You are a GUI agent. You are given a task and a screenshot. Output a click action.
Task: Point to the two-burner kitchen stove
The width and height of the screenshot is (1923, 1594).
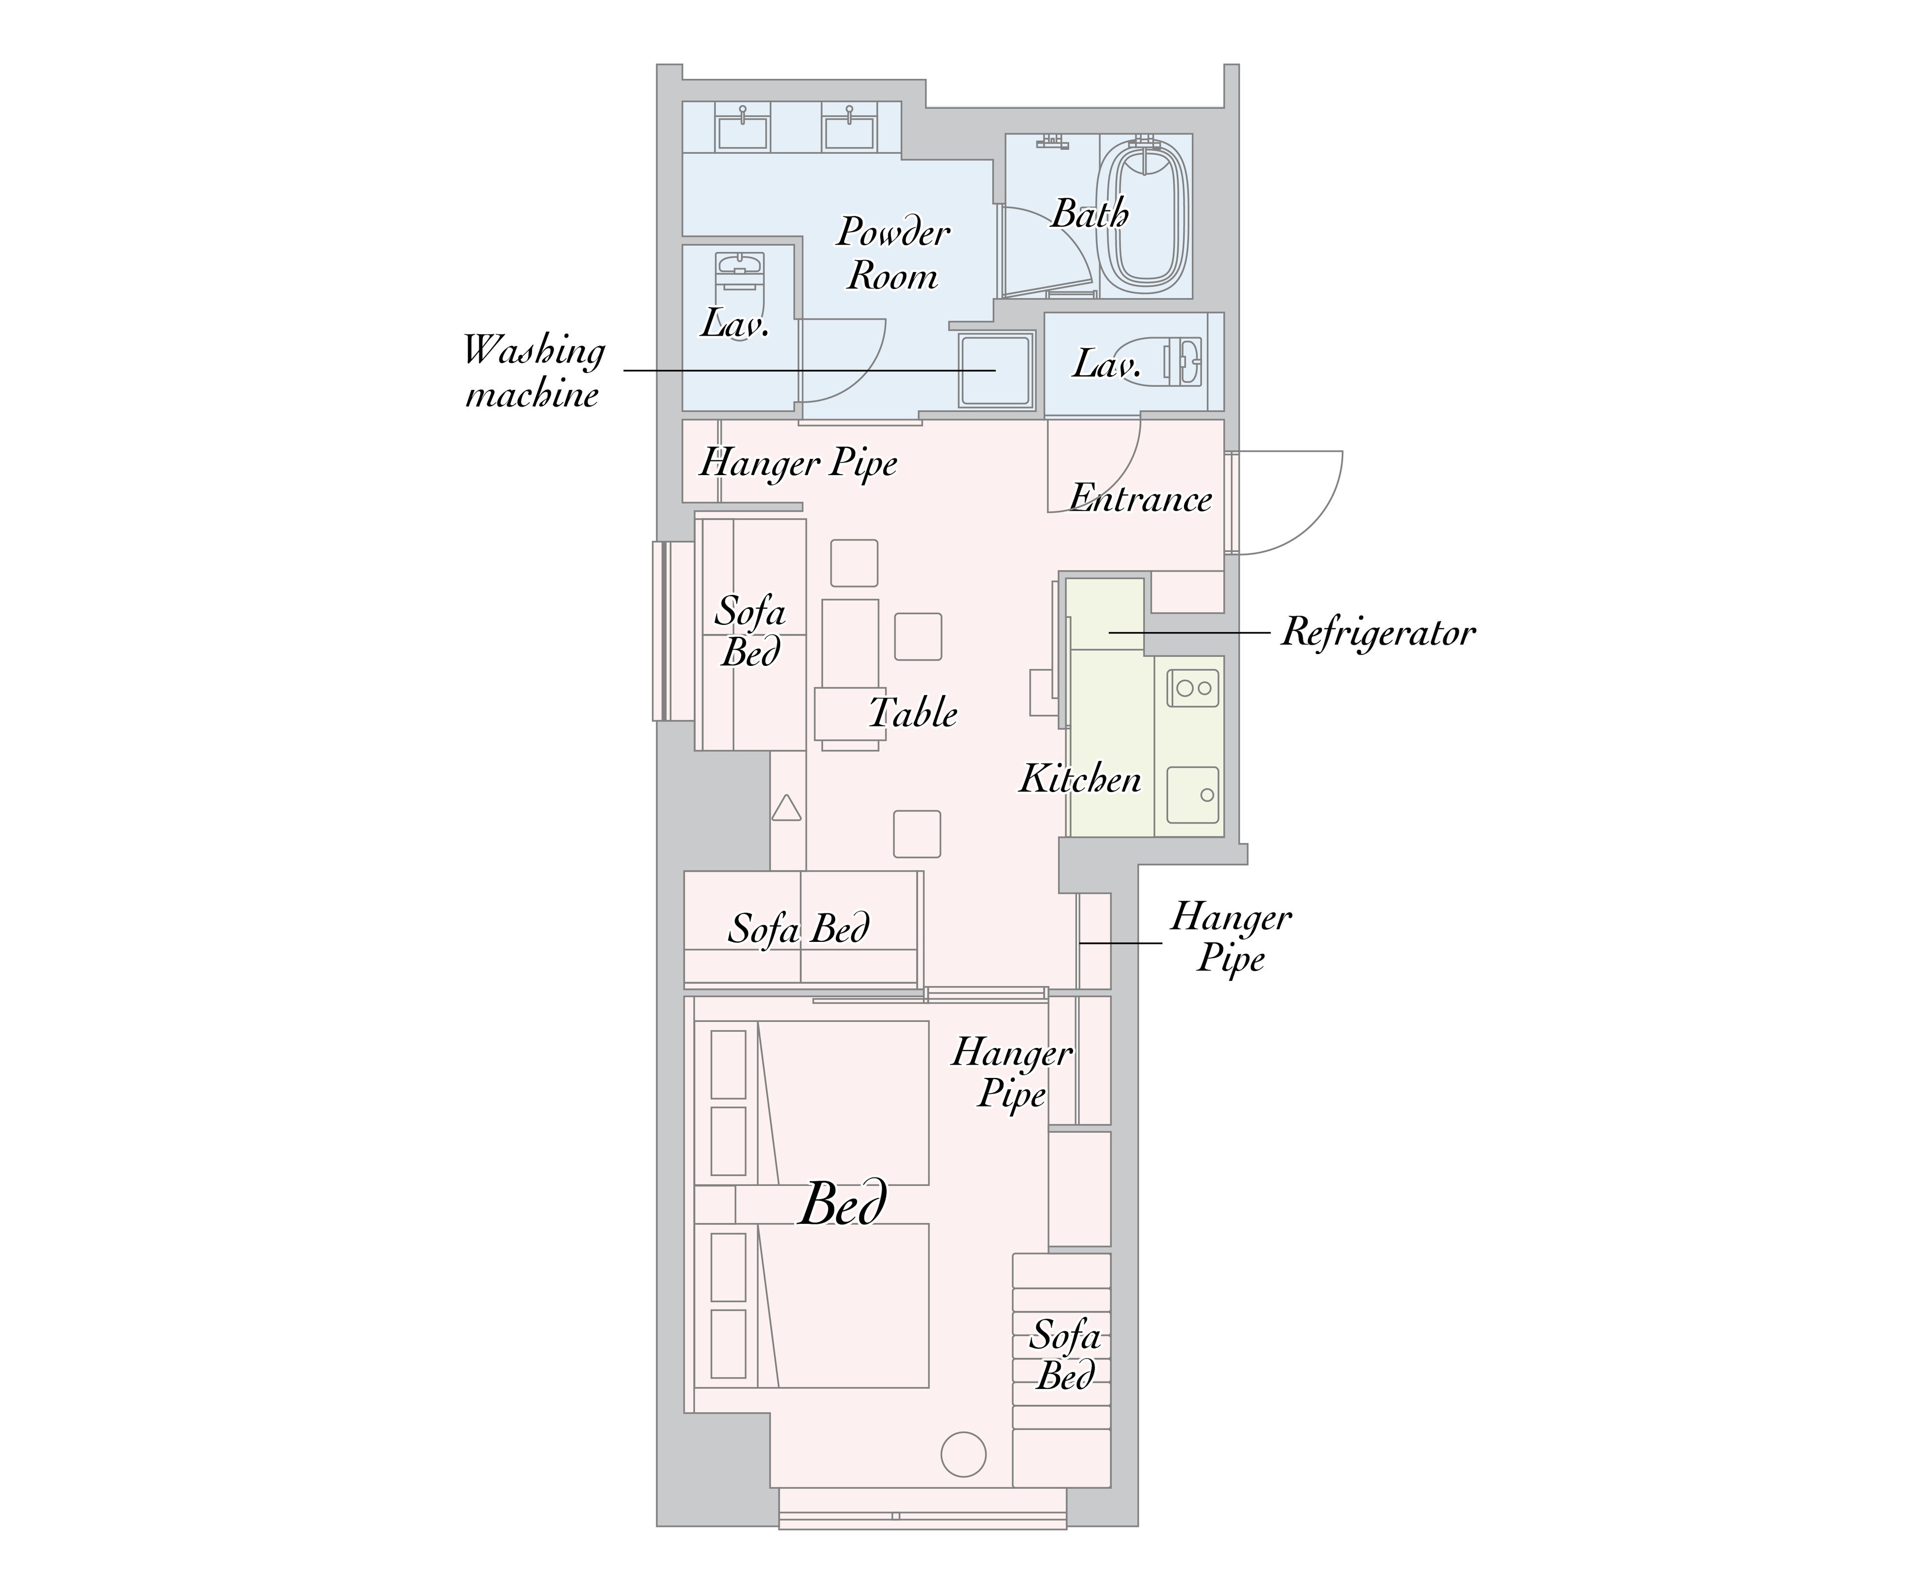click(x=1192, y=688)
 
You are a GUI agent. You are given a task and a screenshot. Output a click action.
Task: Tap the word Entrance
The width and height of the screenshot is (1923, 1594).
click(x=1141, y=499)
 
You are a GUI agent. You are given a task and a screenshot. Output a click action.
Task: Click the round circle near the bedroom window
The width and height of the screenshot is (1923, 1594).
click(x=963, y=1453)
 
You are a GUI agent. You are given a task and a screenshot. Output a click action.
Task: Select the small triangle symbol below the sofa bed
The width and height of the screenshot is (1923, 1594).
click(x=786, y=807)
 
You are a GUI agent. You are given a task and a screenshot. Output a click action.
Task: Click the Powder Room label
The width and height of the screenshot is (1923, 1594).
click(x=893, y=254)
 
